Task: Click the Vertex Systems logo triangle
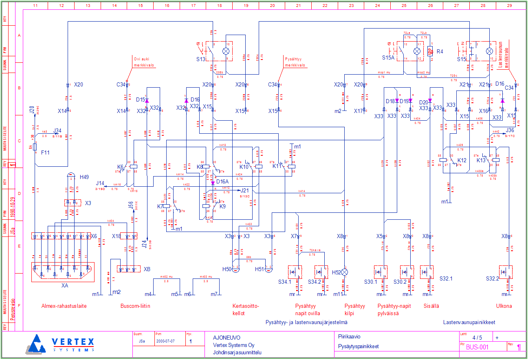pyautogui.click(x=37, y=344)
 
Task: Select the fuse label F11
pyautogui.click(x=45, y=152)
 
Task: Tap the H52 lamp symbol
pyautogui.click(x=345, y=272)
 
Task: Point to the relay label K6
pyautogui.click(x=120, y=167)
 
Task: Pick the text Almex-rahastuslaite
pyautogui.click(x=64, y=306)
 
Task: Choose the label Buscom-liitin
pyautogui.click(x=135, y=306)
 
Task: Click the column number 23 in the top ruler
pyautogui.click(x=351, y=6)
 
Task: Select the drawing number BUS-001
pyautogui.click(x=477, y=347)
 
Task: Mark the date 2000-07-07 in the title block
pyautogui.click(x=165, y=341)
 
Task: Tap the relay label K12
pyautogui.click(x=462, y=161)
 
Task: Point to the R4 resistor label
pyautogui.click(x=440, y=52)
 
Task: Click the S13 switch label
pyautogui.click(x=200, y=59)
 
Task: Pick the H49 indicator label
pyautogui.click(x=84, y=177)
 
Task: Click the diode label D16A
pyautogui.click(x=222, y=182)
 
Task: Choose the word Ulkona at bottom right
pyautogui.click(x=504, y=306)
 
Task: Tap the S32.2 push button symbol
pyautogui.click(x=506, y=272)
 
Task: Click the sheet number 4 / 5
pyautogui.click(x=477, y=338)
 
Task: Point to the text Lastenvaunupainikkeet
pyautogui.click(x=469, y=322)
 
